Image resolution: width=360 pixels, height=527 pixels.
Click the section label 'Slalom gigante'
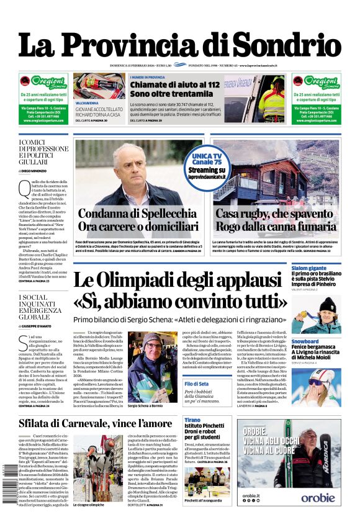[308, 268]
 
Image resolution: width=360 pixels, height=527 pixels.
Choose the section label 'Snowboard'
[305, 341]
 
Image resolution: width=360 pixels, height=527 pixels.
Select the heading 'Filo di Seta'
[197, 384]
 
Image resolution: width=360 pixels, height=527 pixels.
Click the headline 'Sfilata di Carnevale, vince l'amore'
[95, 423]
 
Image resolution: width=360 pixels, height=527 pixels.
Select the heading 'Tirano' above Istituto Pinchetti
[192, 420]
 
